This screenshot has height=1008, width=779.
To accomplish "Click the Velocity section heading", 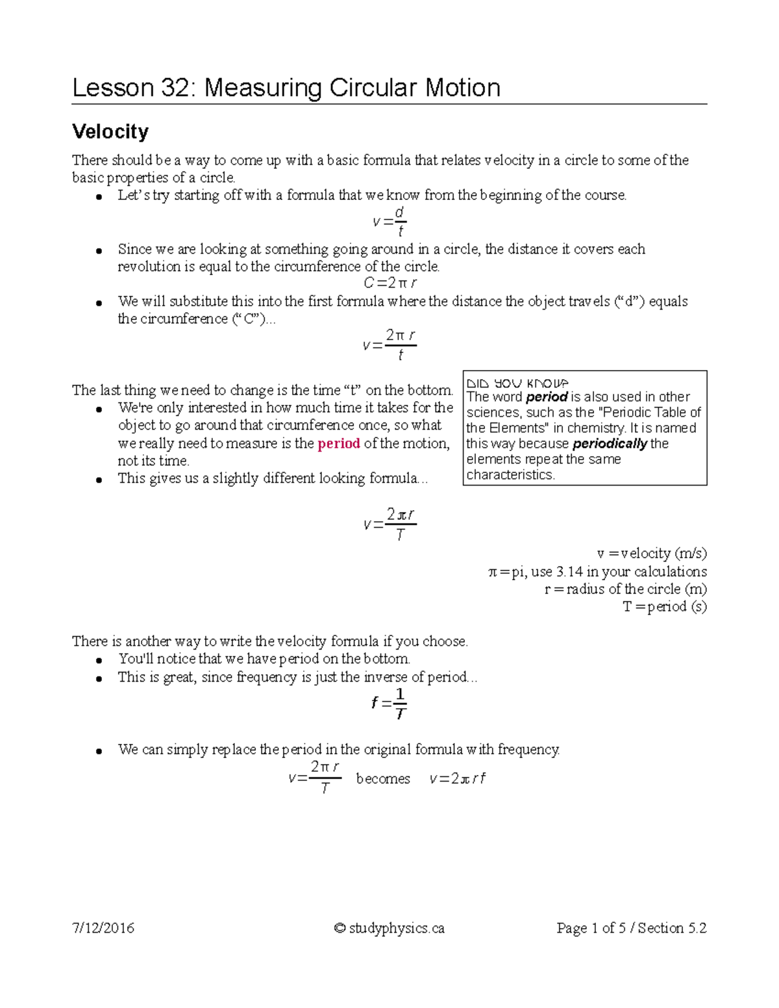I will (110, 131).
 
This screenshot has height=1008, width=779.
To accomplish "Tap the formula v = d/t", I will (389, 222).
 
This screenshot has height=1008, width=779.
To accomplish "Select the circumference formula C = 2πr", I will (389, 283).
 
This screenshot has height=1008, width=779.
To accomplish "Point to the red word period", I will (338, 443).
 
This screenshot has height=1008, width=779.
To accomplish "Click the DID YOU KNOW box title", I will (517, 383).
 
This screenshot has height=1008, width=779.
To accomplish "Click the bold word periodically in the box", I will (610, 443).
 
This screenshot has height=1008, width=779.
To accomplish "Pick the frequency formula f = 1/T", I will (389, 704).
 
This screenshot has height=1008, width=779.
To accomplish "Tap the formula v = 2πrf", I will (458, 778).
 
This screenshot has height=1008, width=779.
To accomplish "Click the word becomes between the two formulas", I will (383, 778).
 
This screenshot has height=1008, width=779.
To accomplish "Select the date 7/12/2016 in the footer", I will (103, 928).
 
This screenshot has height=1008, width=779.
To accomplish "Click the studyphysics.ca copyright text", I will (389, 928).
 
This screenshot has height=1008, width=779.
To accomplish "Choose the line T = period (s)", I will (665, 606).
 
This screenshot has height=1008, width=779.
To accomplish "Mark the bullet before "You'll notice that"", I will (99, 661).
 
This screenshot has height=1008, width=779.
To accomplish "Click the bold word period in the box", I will (547, 397).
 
